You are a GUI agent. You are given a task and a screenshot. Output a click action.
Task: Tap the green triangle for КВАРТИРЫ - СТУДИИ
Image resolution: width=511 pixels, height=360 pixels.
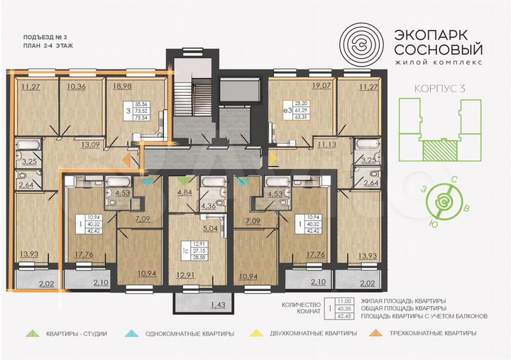32,333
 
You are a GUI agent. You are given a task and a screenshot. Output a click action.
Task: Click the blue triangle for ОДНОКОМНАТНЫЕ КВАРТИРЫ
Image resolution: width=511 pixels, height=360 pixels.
131,333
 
